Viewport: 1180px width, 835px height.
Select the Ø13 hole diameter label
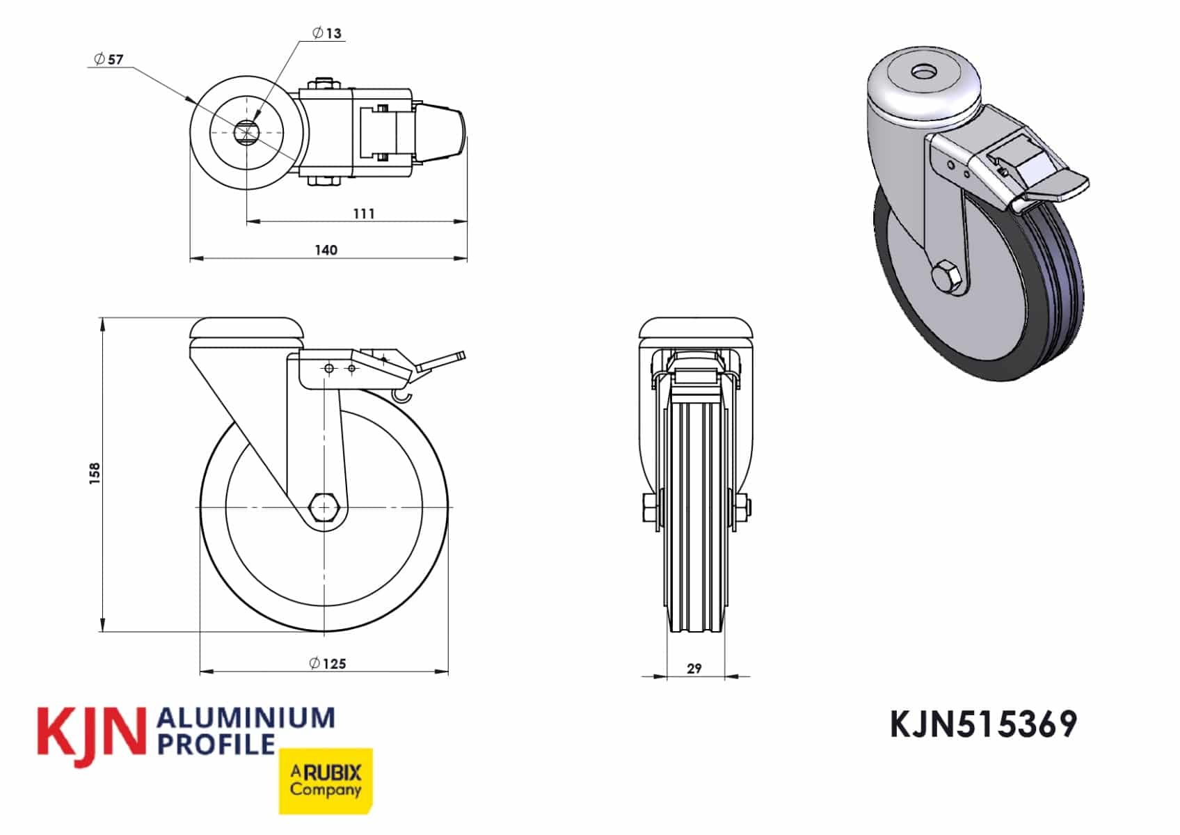pos(327,33)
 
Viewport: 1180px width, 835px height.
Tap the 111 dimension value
pos(364,214)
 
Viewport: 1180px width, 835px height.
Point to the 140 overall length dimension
pos(326,250)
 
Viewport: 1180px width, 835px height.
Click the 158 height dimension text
pos(95,473)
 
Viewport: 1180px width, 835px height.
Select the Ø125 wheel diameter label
pos(328,663)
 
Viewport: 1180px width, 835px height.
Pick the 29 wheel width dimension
pos(694,669)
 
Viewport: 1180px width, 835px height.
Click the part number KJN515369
pos(983,725)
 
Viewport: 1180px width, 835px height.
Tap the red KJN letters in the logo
pos(90,736)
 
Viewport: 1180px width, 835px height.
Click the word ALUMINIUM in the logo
pos(246,717)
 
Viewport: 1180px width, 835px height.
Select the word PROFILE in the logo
pos(216,744)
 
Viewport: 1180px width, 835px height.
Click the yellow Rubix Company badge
pos(326,781)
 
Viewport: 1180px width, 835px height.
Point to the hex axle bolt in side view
pos(324,508)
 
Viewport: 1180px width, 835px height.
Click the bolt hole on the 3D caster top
pos(924,72)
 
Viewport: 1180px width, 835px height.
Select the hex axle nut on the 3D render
pos(948,277)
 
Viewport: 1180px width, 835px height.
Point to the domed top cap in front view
pos(696,327)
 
